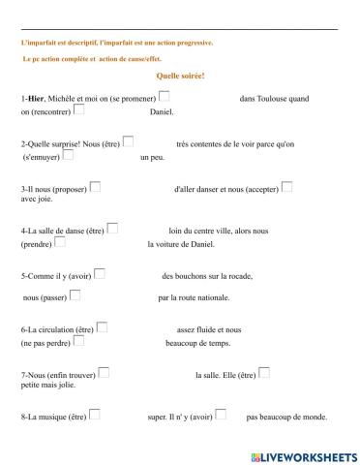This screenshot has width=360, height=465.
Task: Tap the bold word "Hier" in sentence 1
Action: tap(36, 99)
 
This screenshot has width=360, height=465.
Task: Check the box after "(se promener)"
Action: tap(164, 96)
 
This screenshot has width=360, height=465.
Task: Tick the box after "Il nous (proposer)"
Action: tap(94, 186)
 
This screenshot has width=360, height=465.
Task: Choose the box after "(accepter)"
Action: tap(286, 186)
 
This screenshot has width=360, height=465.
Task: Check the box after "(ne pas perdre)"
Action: tap(78, 340)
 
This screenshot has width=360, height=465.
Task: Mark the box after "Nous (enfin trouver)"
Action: tap(104, 371)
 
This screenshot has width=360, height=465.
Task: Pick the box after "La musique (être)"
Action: tap(95, 415)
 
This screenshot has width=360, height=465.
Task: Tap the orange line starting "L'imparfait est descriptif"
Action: tap(117, 43)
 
